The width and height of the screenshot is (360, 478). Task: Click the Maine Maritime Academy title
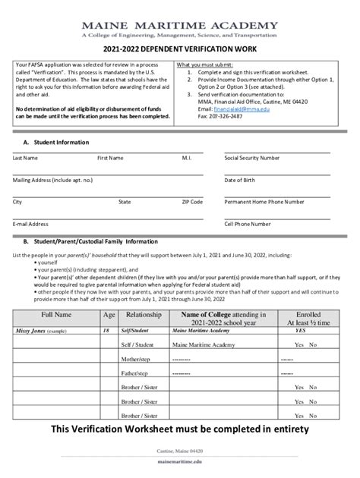(x=179, y=24)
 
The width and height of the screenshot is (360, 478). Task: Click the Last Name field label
(x=25, y=158)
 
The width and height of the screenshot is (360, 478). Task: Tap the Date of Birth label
(x=240, y=180)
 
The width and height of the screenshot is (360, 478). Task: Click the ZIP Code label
(x=191, y=202)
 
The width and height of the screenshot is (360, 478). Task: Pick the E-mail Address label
(x=30, y=224)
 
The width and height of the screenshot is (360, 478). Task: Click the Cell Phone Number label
(x=248, y=224)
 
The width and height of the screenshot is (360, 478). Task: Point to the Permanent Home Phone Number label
(x=264, y=202)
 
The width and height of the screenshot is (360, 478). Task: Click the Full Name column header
(x=57, y=314)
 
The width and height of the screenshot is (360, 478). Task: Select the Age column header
(x=109, y=314)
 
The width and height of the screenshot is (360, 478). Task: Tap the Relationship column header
(x=144, y=314)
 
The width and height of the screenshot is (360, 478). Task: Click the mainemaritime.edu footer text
(x=180, y=461)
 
